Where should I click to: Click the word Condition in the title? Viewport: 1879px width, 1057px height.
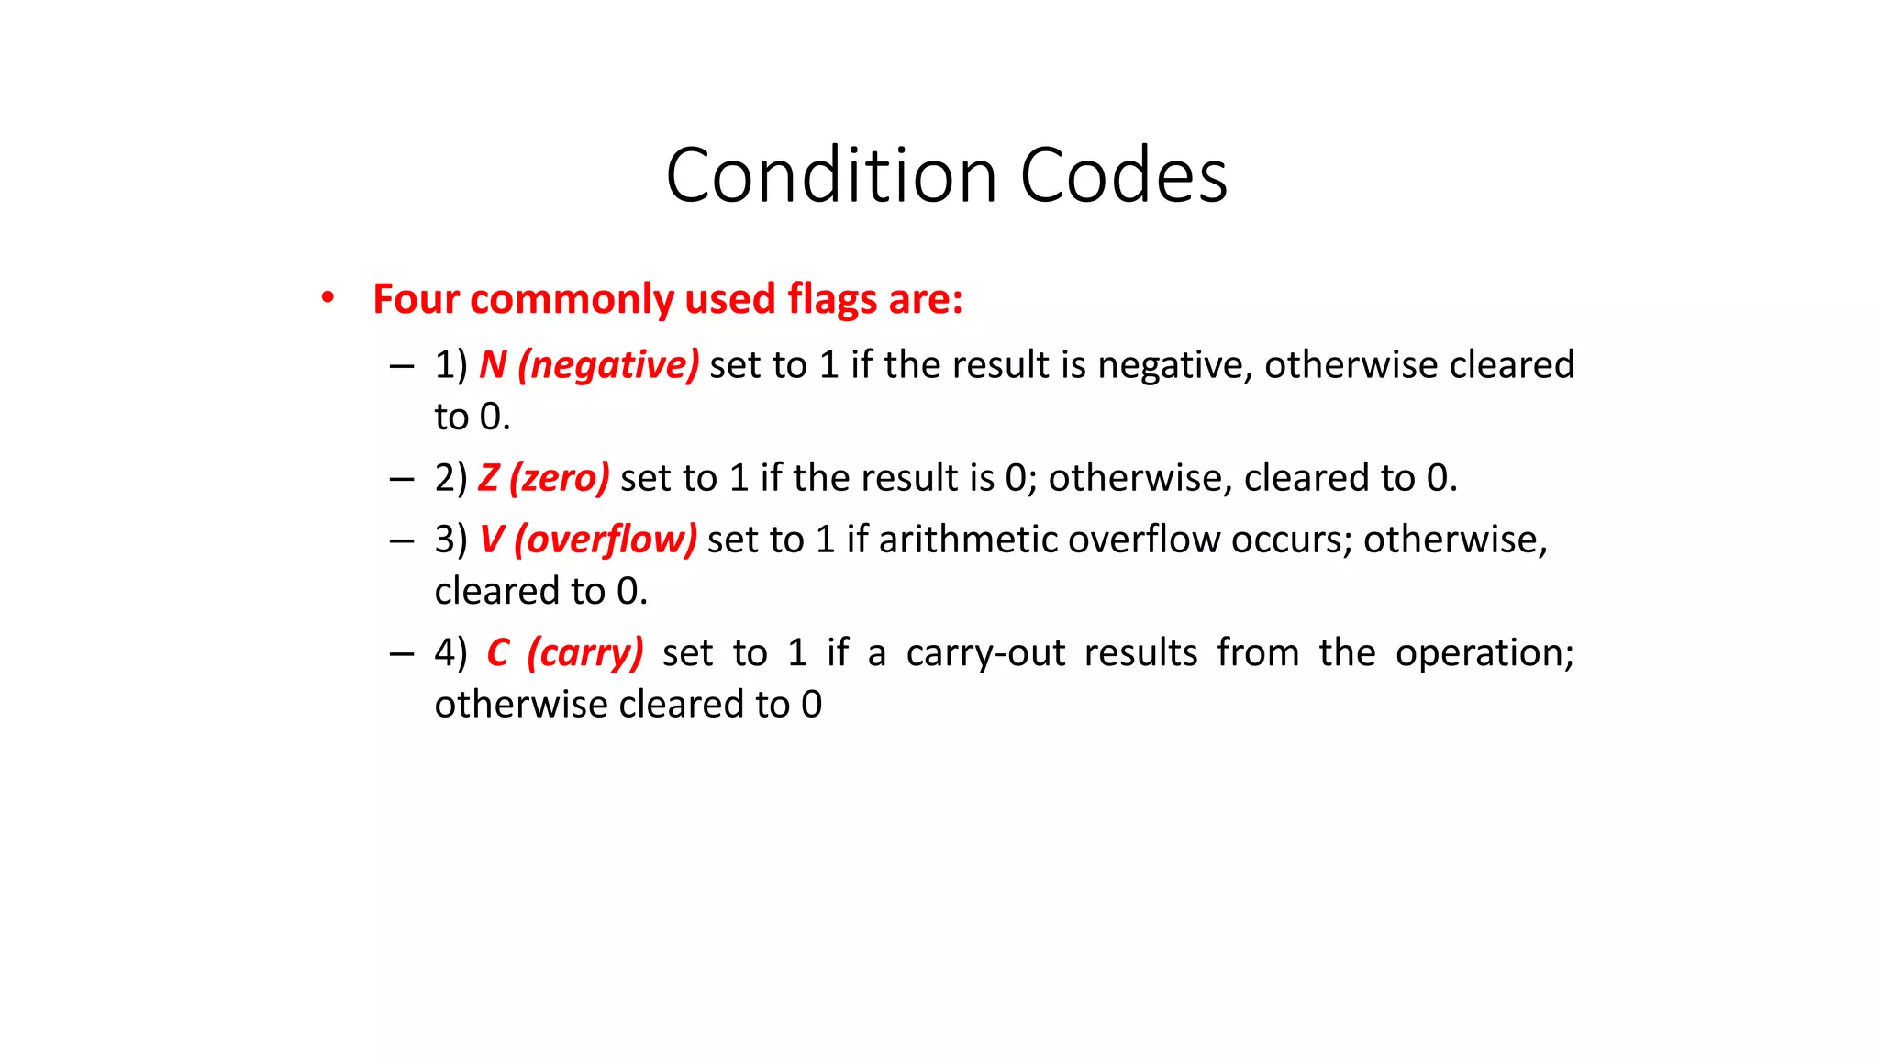pyautogui.click(x=831, y=175)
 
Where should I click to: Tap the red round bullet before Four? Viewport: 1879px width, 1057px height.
pyautogui.click(x=328, y=297)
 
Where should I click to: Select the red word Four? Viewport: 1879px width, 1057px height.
pyautogui.click(x=416, y=299)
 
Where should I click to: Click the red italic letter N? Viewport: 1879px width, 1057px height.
pyautogui.click(x=493, y=365)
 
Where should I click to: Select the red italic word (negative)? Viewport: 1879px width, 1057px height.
pyautogui.click(x=608, y=365)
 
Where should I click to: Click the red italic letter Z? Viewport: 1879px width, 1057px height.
pyautogui.click(x=488, y=478)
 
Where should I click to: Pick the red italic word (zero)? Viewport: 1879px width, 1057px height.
pyautogui.click(x=560, y=478)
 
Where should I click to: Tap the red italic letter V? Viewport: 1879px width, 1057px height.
pyautogui.click(x=492, y=540)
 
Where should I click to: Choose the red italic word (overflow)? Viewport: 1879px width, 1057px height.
pyautogui.click(x=606, y=540)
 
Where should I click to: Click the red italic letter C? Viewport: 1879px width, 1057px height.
pyautogui.click(x=498, y=653)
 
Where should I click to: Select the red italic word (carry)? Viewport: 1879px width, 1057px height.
pyautogui.click(x=585, y=653)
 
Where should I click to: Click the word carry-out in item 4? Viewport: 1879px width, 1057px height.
pyautogui.click(x=985, y=653)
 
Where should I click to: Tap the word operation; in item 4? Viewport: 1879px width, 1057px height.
pyautogui.click(x=1484, y=653)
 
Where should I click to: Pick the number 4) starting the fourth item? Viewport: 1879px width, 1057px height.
pyautogui.click(x=450, y=653)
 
